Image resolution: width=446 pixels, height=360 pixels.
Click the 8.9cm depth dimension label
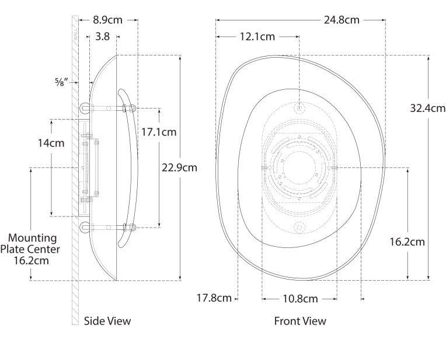pyautogui.click(x=108, y=20)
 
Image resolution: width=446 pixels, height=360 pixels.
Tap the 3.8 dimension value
pyautogui.click(x=102, y=36)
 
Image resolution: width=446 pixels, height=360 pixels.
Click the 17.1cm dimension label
pyautogui.click(x=159, y=132)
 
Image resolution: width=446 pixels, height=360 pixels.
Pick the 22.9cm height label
pyautogui.click(x=179, y=167)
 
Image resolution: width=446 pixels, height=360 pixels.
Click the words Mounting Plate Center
pyautogui.click(x=33, y=243)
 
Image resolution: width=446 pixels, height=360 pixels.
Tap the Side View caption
pyautogui.click(x=107, y=321)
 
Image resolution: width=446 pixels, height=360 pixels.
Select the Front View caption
pyautogui.click(x=300, y=321)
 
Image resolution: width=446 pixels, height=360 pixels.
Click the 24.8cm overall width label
pyautogui.click(x=342, y=20)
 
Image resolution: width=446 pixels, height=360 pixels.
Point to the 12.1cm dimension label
pyautogui.click(x=257, y=36)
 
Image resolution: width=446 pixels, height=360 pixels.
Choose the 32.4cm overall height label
pyautogui.click(x=427, y=108)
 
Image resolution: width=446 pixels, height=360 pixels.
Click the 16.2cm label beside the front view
pyautogui.click(x=407, y=242)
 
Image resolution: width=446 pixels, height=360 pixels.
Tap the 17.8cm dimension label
pyautogui.click(x=214, y=299)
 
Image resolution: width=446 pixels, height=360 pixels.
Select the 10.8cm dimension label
pyautogui.click(x=300, y=299)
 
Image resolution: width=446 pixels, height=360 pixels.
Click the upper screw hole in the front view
pyautogui.click(x=299, y=108)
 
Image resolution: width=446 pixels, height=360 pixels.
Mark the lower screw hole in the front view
pyautogui.click(x=299, y=227)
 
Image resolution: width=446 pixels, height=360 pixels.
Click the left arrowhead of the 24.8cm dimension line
pyautogui.click(x=218, y=20)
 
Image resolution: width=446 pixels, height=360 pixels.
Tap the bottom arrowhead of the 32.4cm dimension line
pyautogui.click(x=429, y=278)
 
